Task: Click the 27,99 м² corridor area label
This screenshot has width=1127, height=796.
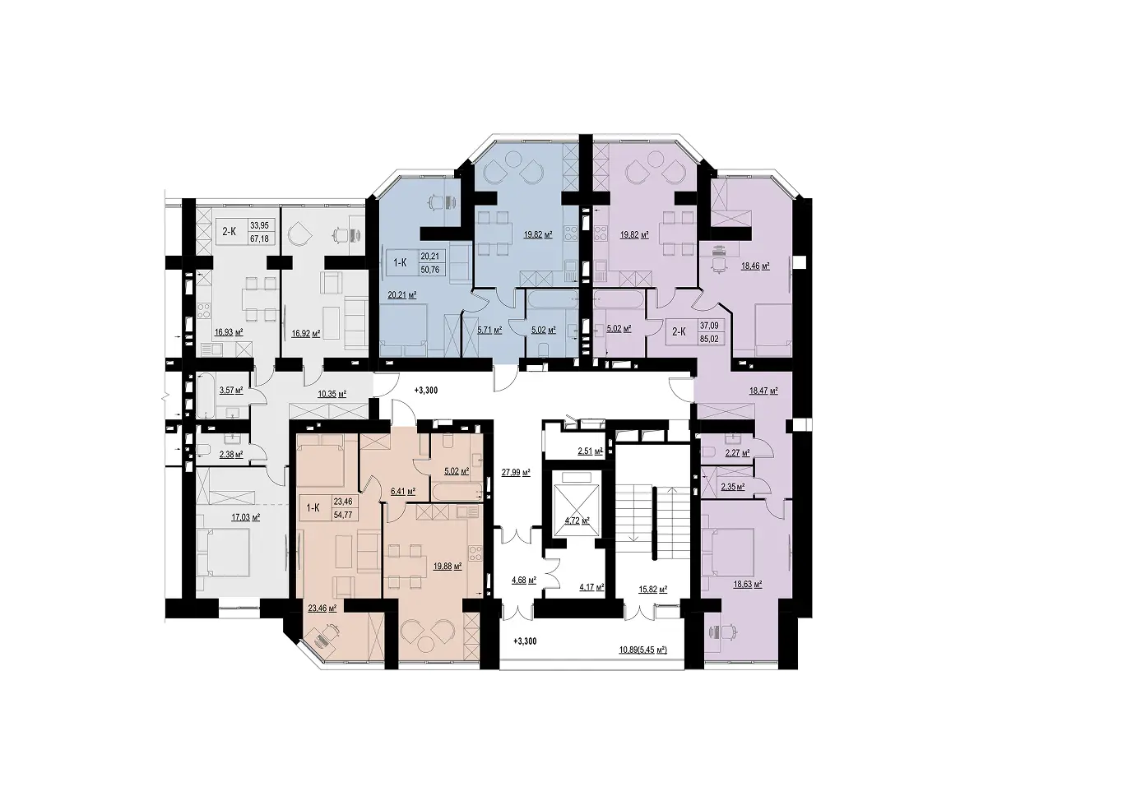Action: (x=516, y=472)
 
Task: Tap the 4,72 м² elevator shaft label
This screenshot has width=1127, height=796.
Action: (x=577, y=521)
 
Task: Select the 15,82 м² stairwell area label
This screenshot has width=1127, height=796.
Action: (x=652, y=590)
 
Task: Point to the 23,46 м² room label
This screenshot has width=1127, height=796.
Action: (x=322, y=608)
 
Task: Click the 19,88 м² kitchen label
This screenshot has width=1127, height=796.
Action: (x=448, y=566)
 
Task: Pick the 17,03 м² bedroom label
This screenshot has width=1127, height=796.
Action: (x=245, y=516)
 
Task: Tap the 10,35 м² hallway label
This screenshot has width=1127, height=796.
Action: (x=332, y=394)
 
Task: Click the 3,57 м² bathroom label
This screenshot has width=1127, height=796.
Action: (x=231, y=390)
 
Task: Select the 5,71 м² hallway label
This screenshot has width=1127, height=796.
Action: (x=489, y=330)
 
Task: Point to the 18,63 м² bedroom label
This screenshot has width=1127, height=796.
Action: (x=747, y=584)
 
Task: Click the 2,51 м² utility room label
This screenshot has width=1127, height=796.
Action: (x=590, y=451)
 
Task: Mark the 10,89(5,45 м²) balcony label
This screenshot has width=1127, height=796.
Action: (x=643, y=650)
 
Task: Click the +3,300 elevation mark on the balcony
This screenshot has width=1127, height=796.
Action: (x=525, y=641)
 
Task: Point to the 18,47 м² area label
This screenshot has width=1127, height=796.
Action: (x=763, y=391)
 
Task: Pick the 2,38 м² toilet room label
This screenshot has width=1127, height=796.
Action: (x=231, y=454)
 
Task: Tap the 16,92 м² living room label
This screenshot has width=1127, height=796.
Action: (x=306, y=332)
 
